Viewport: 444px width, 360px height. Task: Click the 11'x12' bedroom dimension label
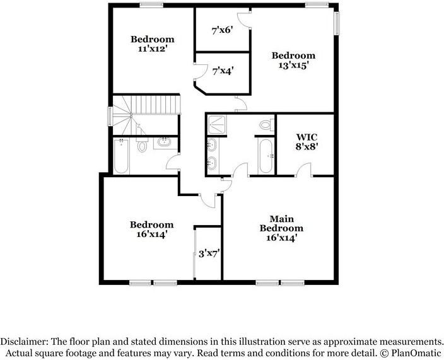point(152,48)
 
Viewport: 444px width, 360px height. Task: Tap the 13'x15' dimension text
point(293,64)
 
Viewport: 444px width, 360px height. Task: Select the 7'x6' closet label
point(223,29)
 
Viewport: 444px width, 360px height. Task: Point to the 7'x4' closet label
point(223,71)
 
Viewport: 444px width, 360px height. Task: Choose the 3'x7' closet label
point(209,253)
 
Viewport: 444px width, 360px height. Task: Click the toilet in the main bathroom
point(264,126)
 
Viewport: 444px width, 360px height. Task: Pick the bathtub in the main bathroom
point(265,156)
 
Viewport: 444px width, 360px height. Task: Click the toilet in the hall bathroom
point(141,146)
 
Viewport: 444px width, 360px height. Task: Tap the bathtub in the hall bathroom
point(121,156)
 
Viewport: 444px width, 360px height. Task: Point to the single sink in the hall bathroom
point(164,142)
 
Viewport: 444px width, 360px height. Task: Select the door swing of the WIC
point(305,169)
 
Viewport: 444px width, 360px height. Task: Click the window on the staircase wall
point(110,116)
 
